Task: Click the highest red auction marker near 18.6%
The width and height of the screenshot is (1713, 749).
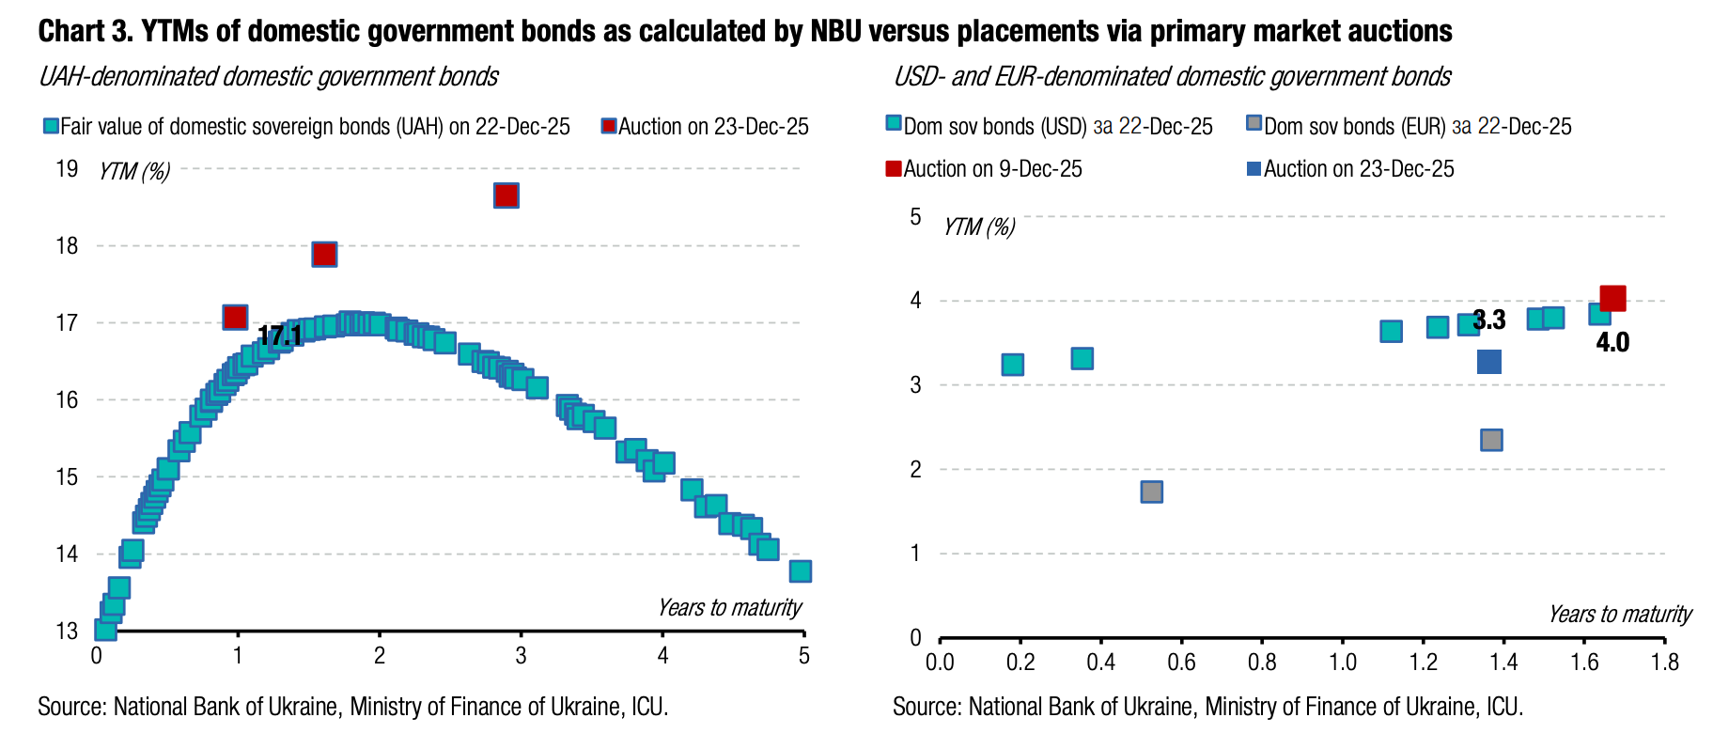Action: pos(506,195)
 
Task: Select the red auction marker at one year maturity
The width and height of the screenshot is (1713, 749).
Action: pos(235,318)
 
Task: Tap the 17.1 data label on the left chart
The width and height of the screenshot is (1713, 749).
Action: pos(280,335)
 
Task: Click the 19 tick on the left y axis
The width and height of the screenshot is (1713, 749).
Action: pos(67,169)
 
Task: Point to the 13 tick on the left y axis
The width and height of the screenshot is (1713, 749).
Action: pos(67,631)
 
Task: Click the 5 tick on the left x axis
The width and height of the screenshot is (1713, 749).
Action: pos(803,656)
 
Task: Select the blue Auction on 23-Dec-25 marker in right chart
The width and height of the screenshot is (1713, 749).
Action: pos(1488,362)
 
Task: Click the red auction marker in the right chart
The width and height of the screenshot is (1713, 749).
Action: pos(1612,299)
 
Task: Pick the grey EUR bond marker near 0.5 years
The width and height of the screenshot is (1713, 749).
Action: pos(1151,492)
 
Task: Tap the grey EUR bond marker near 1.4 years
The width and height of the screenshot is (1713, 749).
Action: pos(1491,440)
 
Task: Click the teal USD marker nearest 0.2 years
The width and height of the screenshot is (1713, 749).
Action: pos(1012,365)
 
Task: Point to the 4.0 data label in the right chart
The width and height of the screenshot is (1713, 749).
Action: pos(1612,342)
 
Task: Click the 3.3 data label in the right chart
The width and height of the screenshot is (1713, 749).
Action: pos(1489,320)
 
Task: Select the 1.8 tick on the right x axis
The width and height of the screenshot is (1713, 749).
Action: pos(1664,663)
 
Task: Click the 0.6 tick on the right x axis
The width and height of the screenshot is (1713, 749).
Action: pos(1181,663)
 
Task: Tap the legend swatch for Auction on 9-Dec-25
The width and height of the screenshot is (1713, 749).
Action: pos(894,169)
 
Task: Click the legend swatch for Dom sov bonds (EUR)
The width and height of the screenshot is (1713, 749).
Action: pos(1254,124)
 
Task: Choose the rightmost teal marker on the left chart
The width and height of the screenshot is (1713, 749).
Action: pos(800,570)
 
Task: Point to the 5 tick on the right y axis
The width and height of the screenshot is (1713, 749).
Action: pos(915,217)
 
